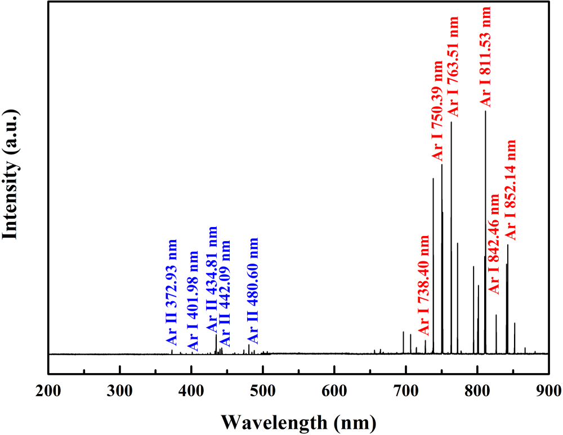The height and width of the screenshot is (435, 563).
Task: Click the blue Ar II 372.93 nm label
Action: click(x=172, y=292)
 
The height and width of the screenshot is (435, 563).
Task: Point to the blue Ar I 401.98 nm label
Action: click(x=193, y=298)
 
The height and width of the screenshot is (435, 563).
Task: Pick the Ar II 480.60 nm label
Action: click(x=253, y=291)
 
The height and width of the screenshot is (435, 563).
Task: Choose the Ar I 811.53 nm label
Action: click(x=485, y=56)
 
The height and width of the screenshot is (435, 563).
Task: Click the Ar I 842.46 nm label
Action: click(x=494, y=243)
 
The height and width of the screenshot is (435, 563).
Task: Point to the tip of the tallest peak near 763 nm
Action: click(x=451, y=122)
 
